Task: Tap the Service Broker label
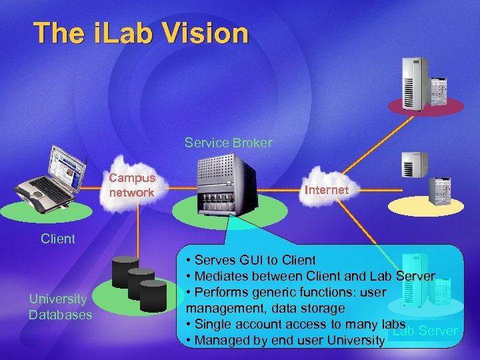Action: click(x=228, y=143)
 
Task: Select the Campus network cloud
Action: click(x=132, y=185)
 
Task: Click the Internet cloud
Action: click(x=326, y=190)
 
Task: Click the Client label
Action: click(x=58, y=239)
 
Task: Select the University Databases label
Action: click(x=60, y=307)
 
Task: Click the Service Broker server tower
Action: click(x=227, y=185)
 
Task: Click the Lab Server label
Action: click(x=425, y=331)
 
